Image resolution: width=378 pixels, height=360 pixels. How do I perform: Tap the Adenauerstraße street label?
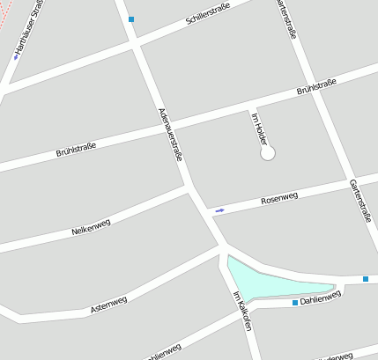pyautogui.click(x=170, y=134)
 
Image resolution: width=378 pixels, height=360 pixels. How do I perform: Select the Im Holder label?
pyautogui.click(x=259, y=129)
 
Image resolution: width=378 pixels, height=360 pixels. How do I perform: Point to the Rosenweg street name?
pyautogui.click(x=279, y=200)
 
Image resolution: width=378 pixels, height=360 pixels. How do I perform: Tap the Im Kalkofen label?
pyautogui.click(x=242, y=310)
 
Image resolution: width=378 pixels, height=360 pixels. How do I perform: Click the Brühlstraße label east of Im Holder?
pyautogui.click(x=316, y=88)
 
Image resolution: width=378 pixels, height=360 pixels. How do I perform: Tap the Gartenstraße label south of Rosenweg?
pyautogui.click(x=359, y=200)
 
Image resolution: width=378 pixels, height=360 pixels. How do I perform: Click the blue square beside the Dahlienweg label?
pyautogui.click(x=295, y=303)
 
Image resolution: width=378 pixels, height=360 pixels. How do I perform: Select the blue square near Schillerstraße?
pyautogui.click(x=131, y=18)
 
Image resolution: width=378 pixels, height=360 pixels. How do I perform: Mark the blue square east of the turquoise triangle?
pyautogui.click(x=367, y=279)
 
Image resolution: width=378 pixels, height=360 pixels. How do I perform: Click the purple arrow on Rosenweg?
pyautogui.click(x=219, y=210)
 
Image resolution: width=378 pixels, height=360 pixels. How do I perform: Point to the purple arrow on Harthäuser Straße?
pyautogui.click(x=16, y=57)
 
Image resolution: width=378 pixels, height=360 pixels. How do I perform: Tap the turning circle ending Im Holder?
pyautogui.click(x=268, y=153)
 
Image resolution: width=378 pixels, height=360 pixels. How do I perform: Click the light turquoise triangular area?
pyautogui.click(x=264, y=280)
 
